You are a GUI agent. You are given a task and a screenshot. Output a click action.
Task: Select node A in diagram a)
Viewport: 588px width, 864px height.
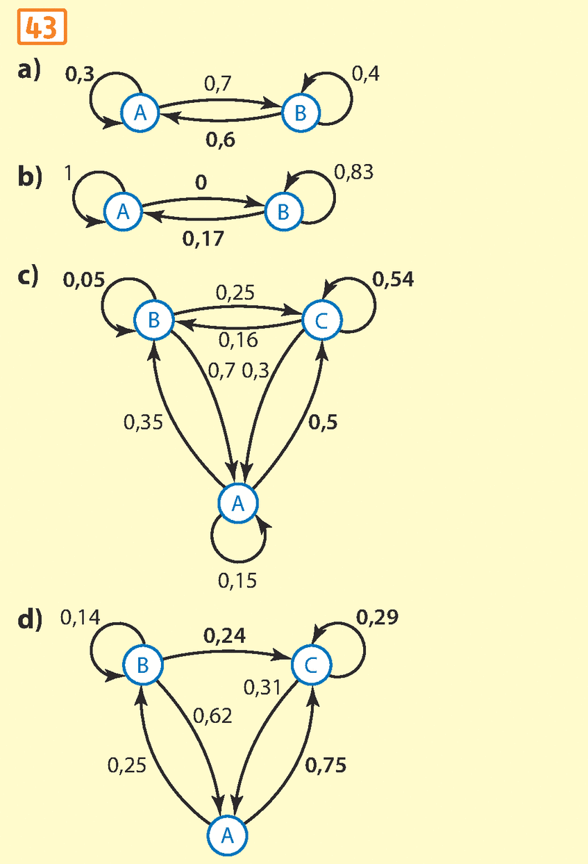(x=140, y=113)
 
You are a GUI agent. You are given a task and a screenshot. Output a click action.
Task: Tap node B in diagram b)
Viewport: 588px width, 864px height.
(x=283, y=211)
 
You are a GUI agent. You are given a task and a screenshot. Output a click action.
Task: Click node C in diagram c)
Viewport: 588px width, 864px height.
(x=322, y=320)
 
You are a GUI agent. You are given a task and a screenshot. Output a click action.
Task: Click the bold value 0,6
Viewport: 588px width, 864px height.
(x=221, y=140)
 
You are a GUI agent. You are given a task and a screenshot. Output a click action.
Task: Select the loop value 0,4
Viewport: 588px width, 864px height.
(x=366, y=74)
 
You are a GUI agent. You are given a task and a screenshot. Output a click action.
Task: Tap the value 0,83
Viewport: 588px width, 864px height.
(x=353, y=172)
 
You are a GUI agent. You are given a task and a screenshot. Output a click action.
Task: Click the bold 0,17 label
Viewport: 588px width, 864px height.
(x=204, y=239)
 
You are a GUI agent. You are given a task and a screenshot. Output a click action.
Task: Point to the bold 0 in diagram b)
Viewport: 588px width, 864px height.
(x=201, y=183)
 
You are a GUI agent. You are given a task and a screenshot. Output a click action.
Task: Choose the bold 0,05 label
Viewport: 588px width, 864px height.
(x=83, y=280)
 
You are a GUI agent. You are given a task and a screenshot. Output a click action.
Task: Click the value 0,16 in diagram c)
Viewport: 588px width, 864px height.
(x=238, y=340)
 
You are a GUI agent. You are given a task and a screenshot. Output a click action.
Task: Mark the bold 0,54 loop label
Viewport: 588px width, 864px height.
(x=393, y=279)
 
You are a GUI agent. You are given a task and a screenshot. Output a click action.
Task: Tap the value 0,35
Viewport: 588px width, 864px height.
(x=143, y=422)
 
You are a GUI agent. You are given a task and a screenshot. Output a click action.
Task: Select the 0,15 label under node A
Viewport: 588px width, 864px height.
(x=237, y=580)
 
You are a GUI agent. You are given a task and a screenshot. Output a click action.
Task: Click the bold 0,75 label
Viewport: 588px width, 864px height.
(x=326, y=765)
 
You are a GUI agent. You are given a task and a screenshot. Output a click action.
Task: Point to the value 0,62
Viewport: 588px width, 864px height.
(x=212, y=715)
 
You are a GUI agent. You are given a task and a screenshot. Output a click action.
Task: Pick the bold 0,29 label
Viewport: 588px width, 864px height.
(x=378, y=617)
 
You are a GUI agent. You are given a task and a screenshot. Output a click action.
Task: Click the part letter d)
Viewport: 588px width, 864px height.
(x=30, y=619)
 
